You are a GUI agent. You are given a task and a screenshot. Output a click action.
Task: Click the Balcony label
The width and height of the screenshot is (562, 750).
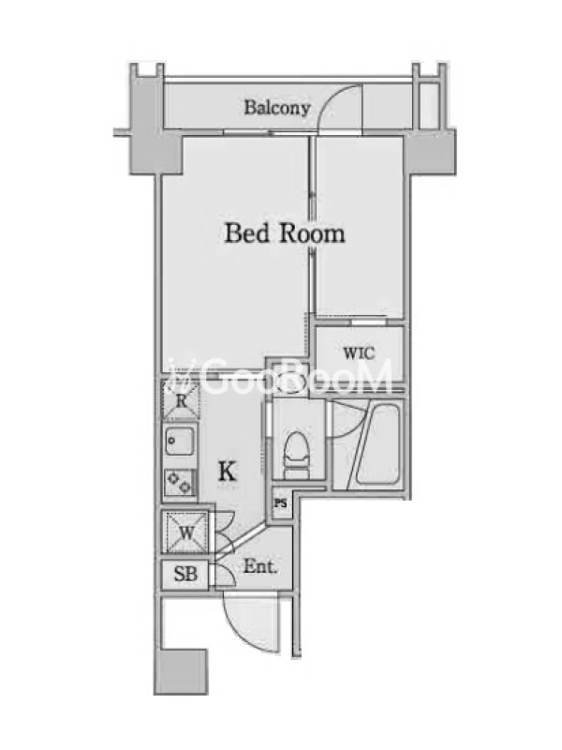click(x=277, y=108)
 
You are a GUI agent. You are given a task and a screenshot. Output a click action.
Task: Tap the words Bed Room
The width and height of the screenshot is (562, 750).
click(x=285, y=233)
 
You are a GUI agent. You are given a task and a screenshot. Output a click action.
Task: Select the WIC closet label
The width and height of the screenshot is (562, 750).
click(x=359, y=353)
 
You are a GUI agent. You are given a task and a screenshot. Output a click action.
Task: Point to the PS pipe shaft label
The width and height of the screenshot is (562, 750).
click(x=281, y=503)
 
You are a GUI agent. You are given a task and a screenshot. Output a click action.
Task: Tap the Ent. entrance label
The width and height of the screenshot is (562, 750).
click(x=260, y=567)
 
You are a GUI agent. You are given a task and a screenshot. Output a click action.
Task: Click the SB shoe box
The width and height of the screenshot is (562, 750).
click(x=185, y=574)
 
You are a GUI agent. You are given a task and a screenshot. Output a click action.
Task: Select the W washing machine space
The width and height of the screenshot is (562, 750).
click(x=185, y=532)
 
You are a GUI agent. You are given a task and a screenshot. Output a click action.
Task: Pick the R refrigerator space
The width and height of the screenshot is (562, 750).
click(x=181, y=401)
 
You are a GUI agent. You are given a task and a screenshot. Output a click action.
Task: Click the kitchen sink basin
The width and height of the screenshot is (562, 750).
click(x=180, y=442)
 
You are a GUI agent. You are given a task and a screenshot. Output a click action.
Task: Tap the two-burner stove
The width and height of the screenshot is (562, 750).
click(x=180, y=482)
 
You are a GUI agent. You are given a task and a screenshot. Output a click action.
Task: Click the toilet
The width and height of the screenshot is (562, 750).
click(x=296, y=456)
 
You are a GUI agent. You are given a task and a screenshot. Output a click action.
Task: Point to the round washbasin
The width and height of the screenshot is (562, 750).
click(x=291, y=382)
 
